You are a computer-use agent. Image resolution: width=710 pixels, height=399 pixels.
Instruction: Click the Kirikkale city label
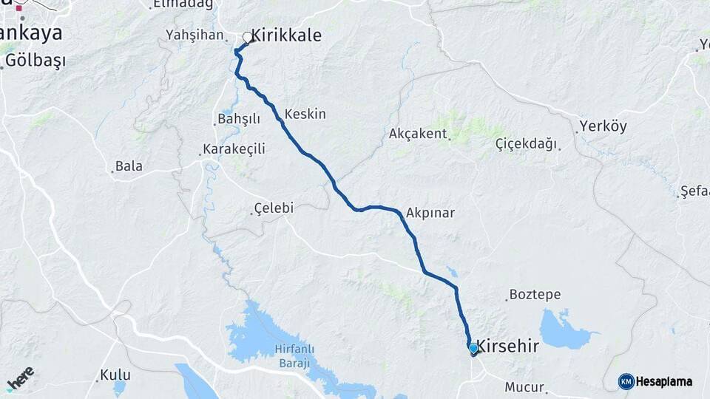click(x=286, y=35)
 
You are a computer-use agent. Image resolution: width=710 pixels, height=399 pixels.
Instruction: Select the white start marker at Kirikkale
click(x=248, y=37)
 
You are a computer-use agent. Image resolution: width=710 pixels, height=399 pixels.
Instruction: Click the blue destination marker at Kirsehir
click(x=473, y=347)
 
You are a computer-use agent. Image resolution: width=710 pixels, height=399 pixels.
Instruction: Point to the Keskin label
click(x=305, y=115)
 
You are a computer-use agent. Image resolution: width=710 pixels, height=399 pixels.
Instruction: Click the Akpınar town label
click(x=430, y=213)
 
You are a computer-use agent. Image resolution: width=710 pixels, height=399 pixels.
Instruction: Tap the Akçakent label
click(x=418, y=134)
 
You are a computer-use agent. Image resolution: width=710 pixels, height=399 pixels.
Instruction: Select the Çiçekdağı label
click(x=526, y=143)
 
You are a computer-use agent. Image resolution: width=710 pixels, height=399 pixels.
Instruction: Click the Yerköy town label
click(x=603, y=126)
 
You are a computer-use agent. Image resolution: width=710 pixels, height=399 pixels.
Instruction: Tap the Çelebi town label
click(x=273, y=208)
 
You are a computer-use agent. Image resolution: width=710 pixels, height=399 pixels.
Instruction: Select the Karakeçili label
click(x=234, y=149)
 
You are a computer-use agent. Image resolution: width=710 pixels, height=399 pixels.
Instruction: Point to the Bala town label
click(x=129, y=166)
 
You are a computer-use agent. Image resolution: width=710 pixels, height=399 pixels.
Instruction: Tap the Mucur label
click(x=524, y=386)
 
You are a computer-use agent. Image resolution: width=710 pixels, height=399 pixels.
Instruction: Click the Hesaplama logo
click(x=656, y=381)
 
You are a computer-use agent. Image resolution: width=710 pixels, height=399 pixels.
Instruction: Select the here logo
click(x=20, y=378)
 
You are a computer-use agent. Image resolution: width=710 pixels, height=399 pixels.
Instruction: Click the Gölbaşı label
click(x=35, y=61)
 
